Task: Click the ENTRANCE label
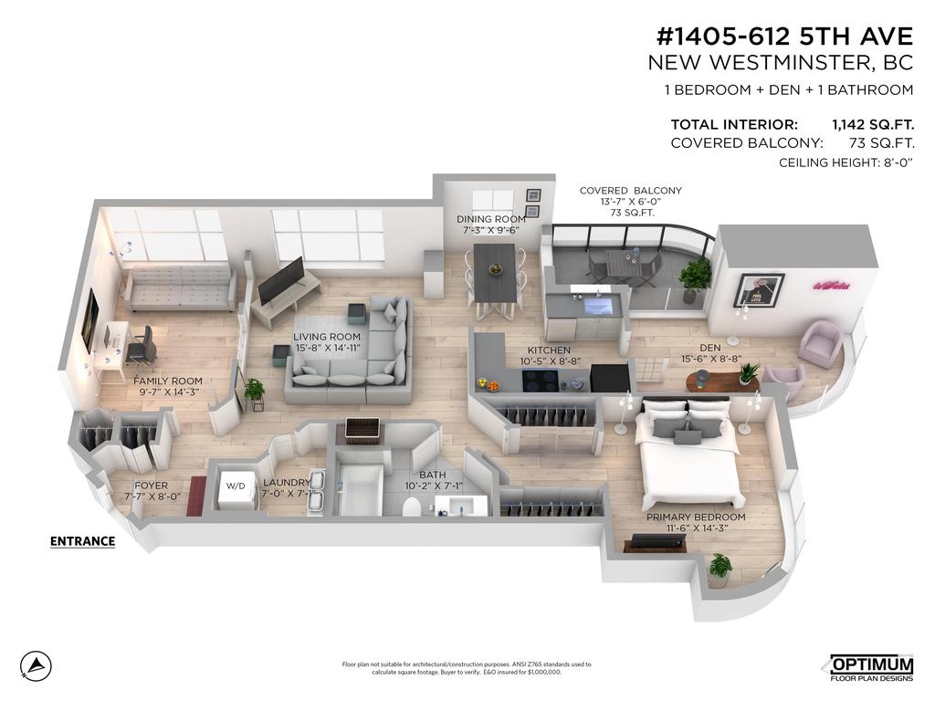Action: tap(82, 541)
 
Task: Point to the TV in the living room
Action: tap(281, 279)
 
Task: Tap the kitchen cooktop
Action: tap(540, 381)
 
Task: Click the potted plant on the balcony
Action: tap(695, 277)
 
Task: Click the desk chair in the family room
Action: tap(141, 347)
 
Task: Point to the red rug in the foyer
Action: tap(196, 496)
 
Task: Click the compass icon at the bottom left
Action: tap(36, 665)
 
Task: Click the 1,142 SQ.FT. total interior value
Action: tap(872, 124)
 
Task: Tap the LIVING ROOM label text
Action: tap(327, 337)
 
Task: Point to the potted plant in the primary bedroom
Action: tap(720, 570)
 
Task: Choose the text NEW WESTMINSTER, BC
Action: tap(781, 62)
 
